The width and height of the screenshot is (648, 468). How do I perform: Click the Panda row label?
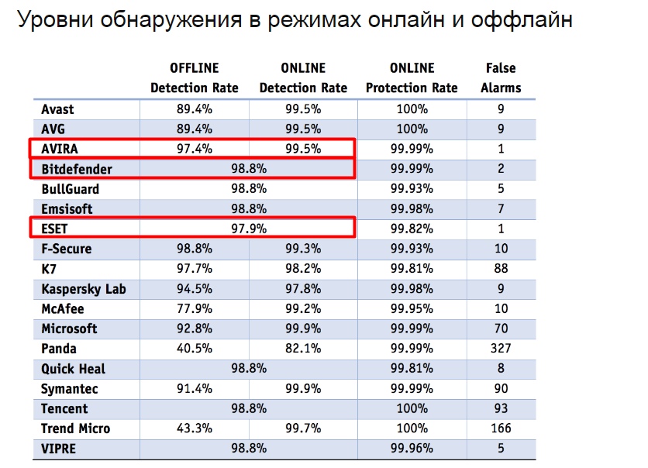coord(59,349)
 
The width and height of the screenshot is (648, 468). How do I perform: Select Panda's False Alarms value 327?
coord(501,349)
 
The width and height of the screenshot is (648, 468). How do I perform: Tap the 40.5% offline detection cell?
coord(195,349)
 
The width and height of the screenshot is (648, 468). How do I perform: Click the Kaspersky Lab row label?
coord(84,289)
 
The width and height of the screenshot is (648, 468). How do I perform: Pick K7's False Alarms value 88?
coord(501,269)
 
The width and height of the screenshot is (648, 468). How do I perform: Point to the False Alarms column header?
coord(501,77)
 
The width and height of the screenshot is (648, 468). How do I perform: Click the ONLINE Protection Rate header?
coord(412,77)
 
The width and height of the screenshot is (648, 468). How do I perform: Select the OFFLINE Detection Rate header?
coord(195,77)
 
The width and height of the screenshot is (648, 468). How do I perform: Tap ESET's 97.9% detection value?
coord(249,229)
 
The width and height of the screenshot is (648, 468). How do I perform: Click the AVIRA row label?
coord(60,149)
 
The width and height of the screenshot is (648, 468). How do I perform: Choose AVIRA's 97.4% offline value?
coord(195,149)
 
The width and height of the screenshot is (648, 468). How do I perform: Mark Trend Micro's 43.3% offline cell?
coord(195,428)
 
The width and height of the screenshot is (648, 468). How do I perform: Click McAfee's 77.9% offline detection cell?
coord(195,309)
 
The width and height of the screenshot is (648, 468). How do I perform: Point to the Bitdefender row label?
coord(77,169)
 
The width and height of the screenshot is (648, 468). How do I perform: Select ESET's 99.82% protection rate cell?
coord(412,229)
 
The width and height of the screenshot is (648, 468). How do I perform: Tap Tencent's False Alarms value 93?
coord(501,408)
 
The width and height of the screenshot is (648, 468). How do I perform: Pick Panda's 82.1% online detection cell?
coord(303,349)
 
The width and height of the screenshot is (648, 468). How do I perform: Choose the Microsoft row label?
coord(70,329)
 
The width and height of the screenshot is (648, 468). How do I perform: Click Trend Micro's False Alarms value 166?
coord(501,428)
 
